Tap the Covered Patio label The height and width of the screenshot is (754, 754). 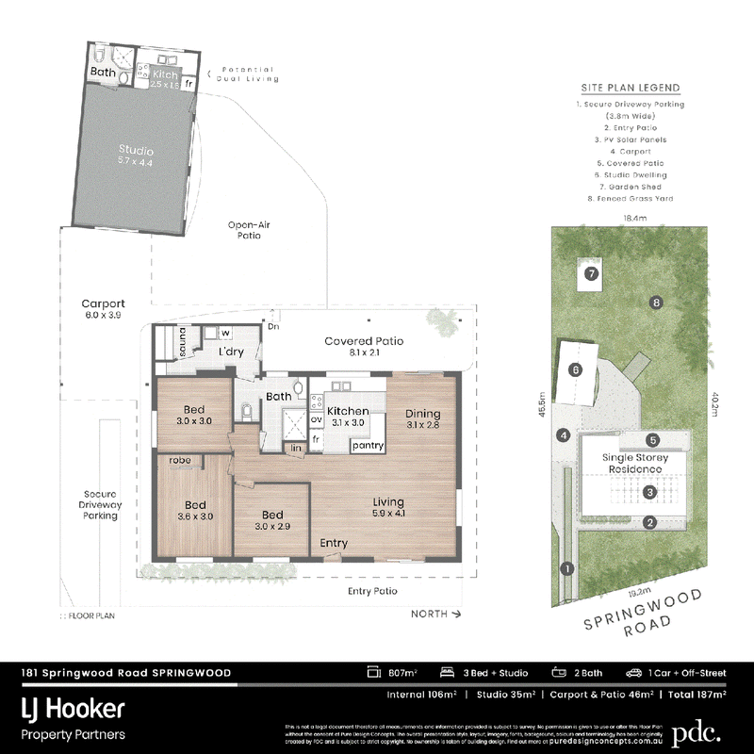click(x=364, y=347)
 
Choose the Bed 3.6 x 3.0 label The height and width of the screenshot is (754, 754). click(x=195, y=510)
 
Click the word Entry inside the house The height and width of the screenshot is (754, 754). click(x=334, y=544)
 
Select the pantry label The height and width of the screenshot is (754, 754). click(x=366, y=445)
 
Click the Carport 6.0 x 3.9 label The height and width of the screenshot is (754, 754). click(x=103, y=309)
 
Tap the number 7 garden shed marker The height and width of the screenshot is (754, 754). click(x=591, y=274)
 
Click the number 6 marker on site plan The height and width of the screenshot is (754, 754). click(x=575, y=370)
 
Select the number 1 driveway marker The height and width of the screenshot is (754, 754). click(x=566, y=568)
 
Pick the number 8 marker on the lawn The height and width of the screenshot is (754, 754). click(x=655, y=303)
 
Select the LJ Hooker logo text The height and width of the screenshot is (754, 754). click(x=73, y=710)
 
